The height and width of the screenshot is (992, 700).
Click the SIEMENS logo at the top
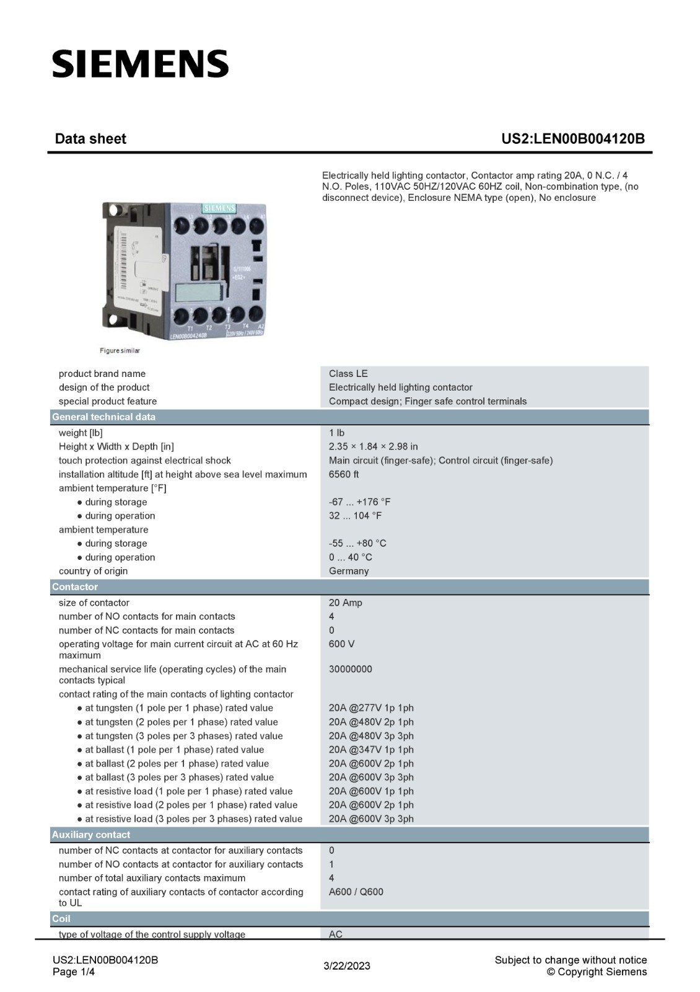point(140,64)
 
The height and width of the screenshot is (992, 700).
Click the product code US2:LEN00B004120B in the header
point(572,139)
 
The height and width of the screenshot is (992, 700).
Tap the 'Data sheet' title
point(90,139)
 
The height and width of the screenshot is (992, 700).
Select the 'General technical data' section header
point(103,417)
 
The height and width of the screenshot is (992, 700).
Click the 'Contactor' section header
point(75,587)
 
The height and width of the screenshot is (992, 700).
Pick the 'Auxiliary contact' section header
point(91,835)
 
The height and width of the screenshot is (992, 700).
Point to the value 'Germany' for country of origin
point(349,571)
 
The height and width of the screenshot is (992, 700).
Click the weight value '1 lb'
point(336,433)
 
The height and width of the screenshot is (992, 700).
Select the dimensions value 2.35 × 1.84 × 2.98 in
point(373,446)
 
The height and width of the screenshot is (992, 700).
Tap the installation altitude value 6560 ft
point(344,474)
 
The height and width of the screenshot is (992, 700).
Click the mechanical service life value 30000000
point(351,669)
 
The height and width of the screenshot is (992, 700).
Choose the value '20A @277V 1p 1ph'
point(371,708)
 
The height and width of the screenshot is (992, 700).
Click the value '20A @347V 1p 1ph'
point(371,750)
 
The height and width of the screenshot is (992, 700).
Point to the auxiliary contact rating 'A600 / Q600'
point(356,892)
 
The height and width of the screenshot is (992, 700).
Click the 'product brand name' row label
point(102,373)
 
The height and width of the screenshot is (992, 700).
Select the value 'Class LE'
point(348,373)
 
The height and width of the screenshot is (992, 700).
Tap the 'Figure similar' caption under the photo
point(120,351)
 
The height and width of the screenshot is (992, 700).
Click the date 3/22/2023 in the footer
point(347,966)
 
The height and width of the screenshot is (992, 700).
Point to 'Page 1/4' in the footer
point(74,972)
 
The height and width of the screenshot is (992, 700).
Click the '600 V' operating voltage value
point(341,644)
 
